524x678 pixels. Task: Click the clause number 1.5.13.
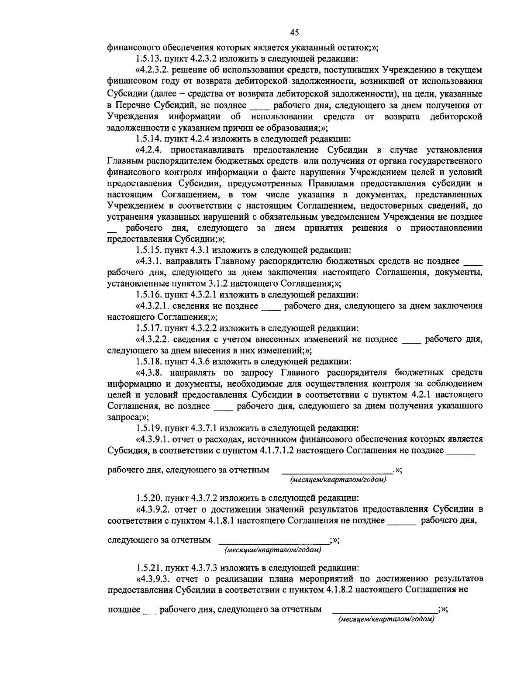pos(148,58)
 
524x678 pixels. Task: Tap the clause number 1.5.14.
pos(148,139)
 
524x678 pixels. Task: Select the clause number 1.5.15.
pos(148,250)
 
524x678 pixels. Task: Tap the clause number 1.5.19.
pos(148,428)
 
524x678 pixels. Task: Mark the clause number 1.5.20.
pos(148,498)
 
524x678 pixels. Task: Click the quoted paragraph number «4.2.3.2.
pos(153,69)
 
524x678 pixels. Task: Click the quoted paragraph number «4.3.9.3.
pos(153,579)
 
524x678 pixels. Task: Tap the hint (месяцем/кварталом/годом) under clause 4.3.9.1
pos(338,480)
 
